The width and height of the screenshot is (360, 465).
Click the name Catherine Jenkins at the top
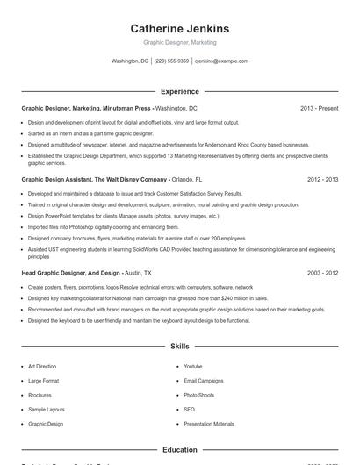pos(179,28)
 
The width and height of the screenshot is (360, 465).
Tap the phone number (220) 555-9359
pos(171,61)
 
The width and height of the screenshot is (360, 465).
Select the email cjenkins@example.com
pos(221,61)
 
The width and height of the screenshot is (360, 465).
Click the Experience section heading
pos(179,91)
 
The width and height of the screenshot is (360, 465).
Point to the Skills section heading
pos(179,347)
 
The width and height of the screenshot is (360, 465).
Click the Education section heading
pos(179,449)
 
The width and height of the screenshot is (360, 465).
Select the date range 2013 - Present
pos(319,108)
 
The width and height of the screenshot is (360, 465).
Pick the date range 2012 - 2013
pos(322,179)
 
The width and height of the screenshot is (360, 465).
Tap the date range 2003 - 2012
pos(322,273)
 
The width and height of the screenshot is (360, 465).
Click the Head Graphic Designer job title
pos(70,273)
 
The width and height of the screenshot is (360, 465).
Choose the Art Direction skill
pos(41,366)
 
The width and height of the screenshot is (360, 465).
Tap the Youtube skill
pos(192,366)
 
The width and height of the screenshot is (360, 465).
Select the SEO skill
pos(189,410)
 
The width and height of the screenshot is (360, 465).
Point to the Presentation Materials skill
pos(209,424)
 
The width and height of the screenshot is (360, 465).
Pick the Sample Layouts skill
pos(46,410)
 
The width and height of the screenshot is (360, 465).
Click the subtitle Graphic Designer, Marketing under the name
pos(179,42)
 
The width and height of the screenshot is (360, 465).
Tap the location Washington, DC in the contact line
pos(130,61)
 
